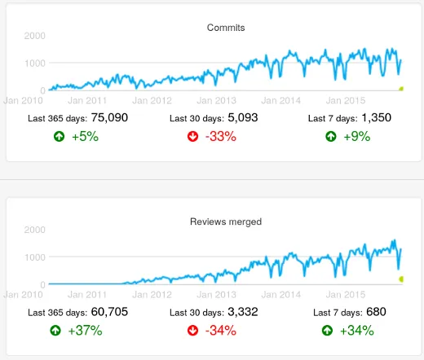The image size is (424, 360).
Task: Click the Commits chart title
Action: (x=226, y=28)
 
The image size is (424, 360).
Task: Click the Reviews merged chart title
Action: (x=226, y=221)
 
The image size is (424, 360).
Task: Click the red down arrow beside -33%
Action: (x=193, y=137)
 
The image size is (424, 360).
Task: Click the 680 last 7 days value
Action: (x=376, y=311)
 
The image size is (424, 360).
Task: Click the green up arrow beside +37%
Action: (x=57, y=331)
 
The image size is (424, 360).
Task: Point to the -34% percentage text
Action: (x=220, y=331)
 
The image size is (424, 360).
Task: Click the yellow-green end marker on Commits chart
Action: (x=401, y=88)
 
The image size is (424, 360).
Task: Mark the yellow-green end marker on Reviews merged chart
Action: (x=401, y=279)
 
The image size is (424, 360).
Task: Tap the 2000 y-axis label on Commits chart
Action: (x=34, y=37)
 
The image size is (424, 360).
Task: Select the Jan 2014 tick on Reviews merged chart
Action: (x=280, y=294)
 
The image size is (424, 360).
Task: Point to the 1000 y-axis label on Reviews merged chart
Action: (x=34, y=257)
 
